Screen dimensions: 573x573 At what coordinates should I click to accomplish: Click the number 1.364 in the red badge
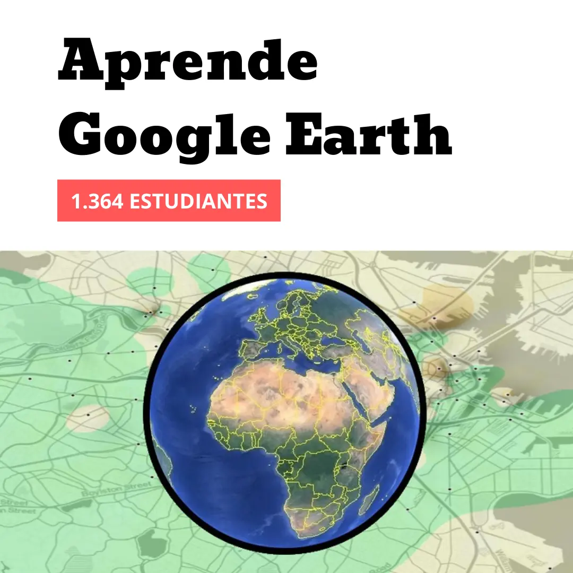click(x=98, y=201)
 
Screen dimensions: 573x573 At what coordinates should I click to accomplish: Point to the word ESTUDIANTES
click(x=198, y=201)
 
